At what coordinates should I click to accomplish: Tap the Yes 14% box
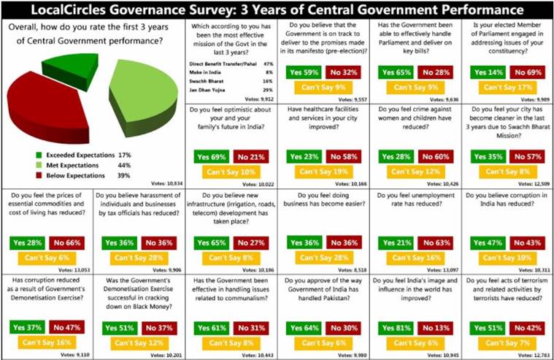(485, 73)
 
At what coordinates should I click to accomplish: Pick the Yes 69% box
(209, 156)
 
